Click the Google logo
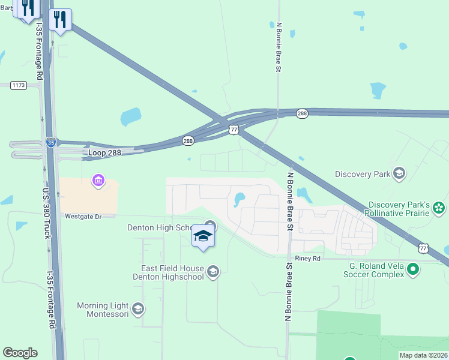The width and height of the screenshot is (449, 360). pos(20,353)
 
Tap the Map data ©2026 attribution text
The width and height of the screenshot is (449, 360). pos(423,355)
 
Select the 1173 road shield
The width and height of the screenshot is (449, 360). pos(19,86)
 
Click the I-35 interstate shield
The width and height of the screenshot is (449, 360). pos(52,143)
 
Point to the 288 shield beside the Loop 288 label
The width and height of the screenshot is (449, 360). pos(188,140)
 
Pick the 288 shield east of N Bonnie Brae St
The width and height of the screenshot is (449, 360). pos(302,113)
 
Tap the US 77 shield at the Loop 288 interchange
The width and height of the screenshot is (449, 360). pos(234,129)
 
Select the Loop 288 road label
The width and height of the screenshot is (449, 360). pos(104,152)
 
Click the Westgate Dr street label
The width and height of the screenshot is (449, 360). pos(80,216)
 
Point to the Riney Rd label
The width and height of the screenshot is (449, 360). pos(308,259)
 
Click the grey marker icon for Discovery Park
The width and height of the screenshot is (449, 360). pos(399,175)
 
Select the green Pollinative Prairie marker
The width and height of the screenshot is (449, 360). pos(439,208)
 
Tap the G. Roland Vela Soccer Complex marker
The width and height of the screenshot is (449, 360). pos(412,270)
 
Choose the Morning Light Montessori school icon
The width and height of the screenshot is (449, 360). pos(137,310)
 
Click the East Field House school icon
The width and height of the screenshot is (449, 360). pos(212,273)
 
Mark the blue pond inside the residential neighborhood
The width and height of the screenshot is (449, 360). pos(239,199)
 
